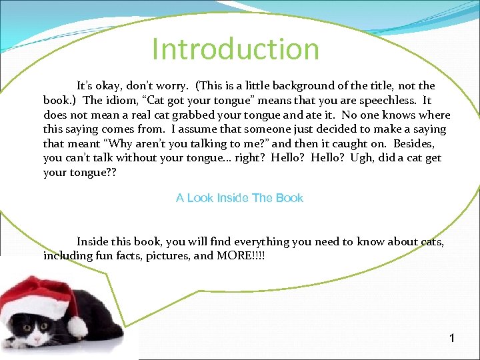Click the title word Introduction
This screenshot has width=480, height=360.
(x=235, y=49)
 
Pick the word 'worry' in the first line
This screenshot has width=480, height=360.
(x=170, y=86)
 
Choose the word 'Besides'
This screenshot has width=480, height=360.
(x=414, y=144)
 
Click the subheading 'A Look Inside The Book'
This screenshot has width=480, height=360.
(x=239, y=198)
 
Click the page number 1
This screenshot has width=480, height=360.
(x=452, y=339)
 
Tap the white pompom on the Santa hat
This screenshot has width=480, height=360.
(x=78, y=326)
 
